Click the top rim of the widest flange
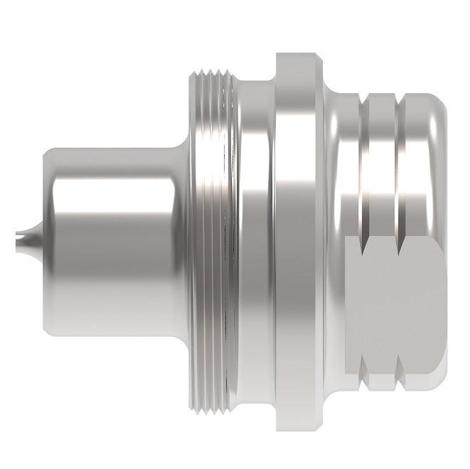pos(297,57)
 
